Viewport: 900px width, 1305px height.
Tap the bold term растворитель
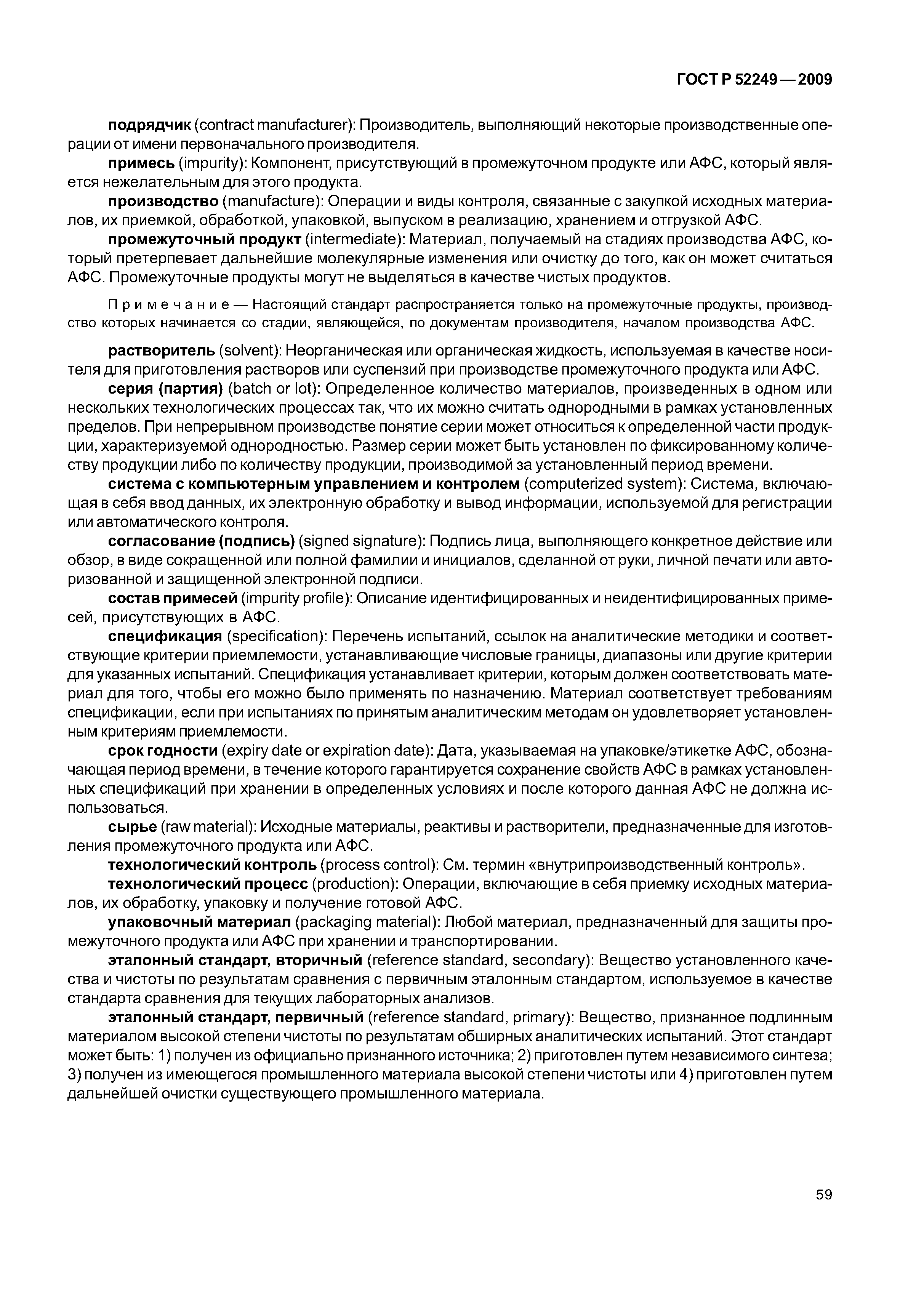(161, 351)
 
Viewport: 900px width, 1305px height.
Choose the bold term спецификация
(165, 637)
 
